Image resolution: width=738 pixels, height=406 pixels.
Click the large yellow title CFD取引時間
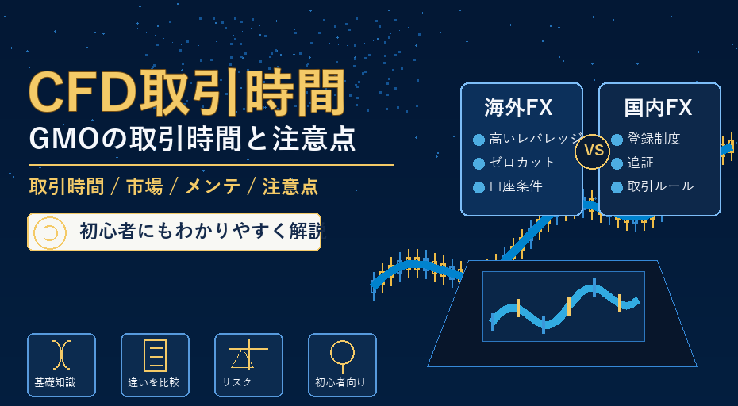pyautogui.click(x=187, y=93)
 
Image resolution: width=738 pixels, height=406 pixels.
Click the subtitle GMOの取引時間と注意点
pyautogui.click(x=192, y=140)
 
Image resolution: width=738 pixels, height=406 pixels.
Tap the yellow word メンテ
pyautogui.click(x=213, y=187)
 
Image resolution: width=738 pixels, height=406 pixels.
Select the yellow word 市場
pyautogui.click(x=144, y=187)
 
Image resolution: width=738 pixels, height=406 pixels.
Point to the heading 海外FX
pyautogui.click(x=518, y=108)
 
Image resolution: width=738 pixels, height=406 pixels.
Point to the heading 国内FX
pyautogui.click(x=658, y=108)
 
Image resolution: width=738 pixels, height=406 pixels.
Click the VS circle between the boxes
pyautogui.click(x=593, y=151)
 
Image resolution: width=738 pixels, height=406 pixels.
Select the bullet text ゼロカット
pyautogui.click(x=522, y=163)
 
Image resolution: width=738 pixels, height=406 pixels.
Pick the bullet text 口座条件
pyautogui.click(x=516, y=186)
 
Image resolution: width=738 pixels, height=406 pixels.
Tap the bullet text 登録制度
pyautogui.click(x=654, y=139)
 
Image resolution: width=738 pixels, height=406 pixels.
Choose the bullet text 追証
pyautogui.click(x=640, y=163)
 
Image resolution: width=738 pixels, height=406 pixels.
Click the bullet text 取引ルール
pyautogui.click(x=660, y=186)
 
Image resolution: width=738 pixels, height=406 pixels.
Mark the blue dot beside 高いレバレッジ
pyautogui.click(x=479, y=140)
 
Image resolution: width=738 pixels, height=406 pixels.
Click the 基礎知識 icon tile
pyautogui.click(x=61, y=365)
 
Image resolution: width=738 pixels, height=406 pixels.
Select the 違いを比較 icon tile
pyautogui.click(x=155, y=365)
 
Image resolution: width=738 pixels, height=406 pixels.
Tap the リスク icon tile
pyautogui.click(x=248, y=365)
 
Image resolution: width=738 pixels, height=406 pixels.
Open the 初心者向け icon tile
pyautogui.click(x=342, y=365)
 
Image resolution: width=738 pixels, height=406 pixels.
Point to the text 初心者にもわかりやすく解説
pyautogui.click(x=202, y=232)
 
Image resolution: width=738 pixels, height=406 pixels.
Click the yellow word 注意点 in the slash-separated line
pyautogui.click(x=290, y=187)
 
